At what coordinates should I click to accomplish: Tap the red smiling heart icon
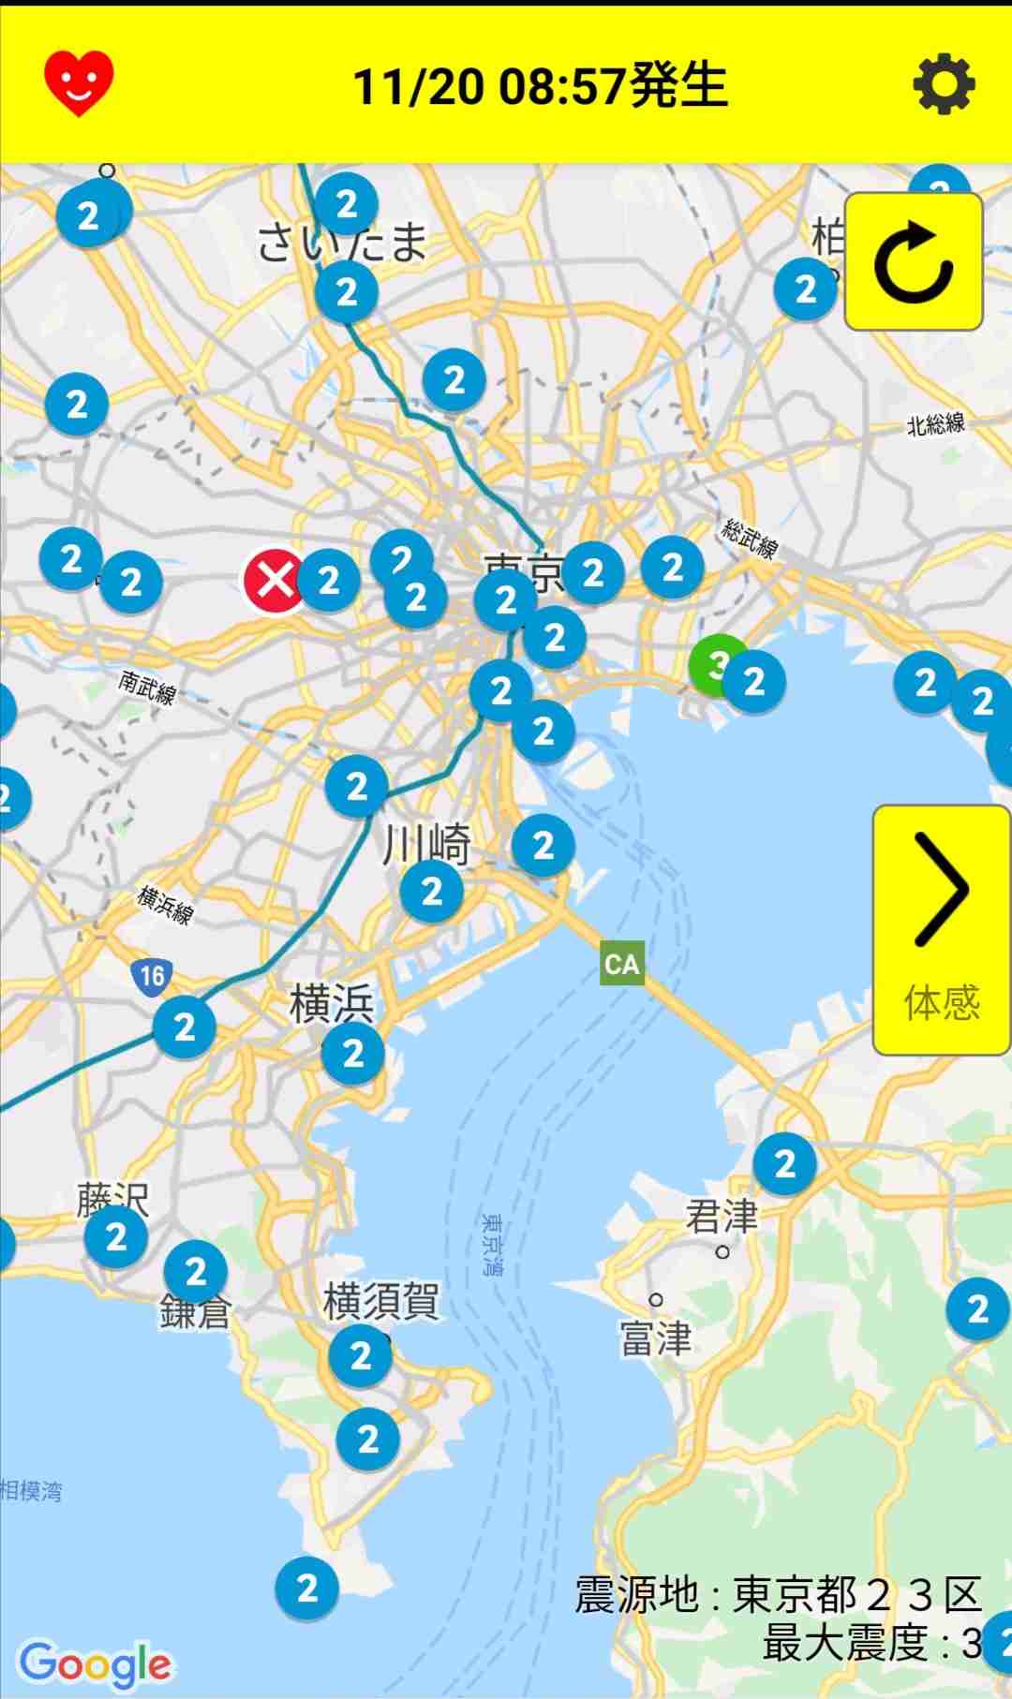tap(79, 83)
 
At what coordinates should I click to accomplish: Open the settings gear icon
tap(944, 84)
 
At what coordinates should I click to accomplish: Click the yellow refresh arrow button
tap(914, 262)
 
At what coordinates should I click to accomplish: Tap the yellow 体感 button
tap(941, 930)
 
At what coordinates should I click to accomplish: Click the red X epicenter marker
tap(274, 581)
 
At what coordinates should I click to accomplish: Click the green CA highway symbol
tap(622, 964)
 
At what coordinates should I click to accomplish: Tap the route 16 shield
tap(151, 976)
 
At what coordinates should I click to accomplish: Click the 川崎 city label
tap(426, 845)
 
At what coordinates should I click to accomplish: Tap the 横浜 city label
tap(332, 1005)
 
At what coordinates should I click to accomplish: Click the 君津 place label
tap(722, 1217)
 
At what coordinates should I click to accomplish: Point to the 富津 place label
tap(656, 1337)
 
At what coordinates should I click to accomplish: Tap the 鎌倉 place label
tap(195, 1312)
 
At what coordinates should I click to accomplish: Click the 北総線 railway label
tap(935, 424)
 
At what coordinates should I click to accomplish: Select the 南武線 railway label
tap(148, 687)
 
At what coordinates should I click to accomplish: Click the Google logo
tap(95, 1664)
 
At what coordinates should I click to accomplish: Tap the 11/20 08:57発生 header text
tap(540, 85)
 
